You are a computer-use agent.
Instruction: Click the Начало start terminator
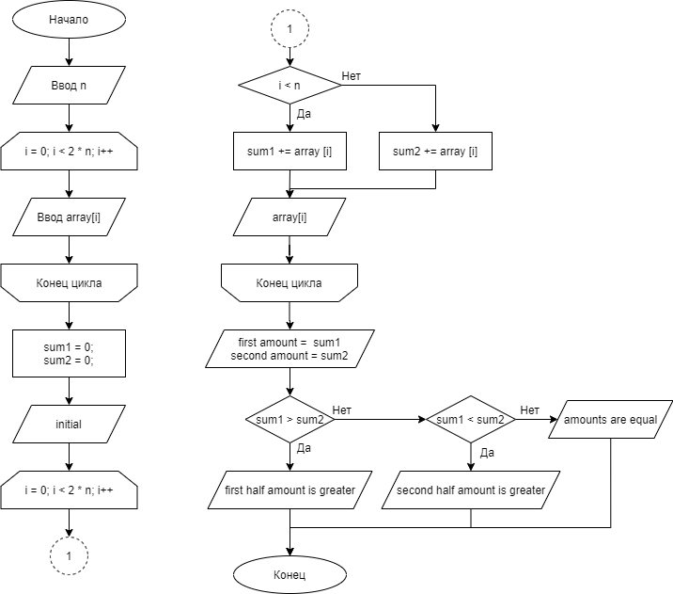point(69,20)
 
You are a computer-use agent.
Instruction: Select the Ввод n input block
point(69,85)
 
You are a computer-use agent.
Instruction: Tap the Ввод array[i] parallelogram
point(69,217)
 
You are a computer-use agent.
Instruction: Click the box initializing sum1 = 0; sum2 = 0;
point(69,353)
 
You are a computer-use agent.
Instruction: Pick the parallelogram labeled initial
point(69,424)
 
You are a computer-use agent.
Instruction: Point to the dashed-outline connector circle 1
point(290,29)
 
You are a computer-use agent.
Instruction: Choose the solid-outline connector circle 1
point(69,556)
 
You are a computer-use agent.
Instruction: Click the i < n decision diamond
point(290,86)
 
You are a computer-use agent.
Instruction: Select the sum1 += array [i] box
point(290,151)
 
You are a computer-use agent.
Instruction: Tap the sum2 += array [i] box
point(435,151)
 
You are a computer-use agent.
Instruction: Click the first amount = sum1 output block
point(290,348)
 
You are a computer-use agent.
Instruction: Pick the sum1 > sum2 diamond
point(290,420)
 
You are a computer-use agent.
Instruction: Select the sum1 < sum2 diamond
point(470,420)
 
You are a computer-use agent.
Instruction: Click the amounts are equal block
point(610,420)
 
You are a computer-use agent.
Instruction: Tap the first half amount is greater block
point(290,490)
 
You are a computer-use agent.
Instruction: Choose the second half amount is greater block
point(470,490)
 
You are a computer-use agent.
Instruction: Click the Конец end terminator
point(290,574)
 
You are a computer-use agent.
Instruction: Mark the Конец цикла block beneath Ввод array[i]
point(69,282)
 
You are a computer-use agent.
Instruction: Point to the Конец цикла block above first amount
point(290,282)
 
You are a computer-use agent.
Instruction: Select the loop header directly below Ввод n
point(69,151)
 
